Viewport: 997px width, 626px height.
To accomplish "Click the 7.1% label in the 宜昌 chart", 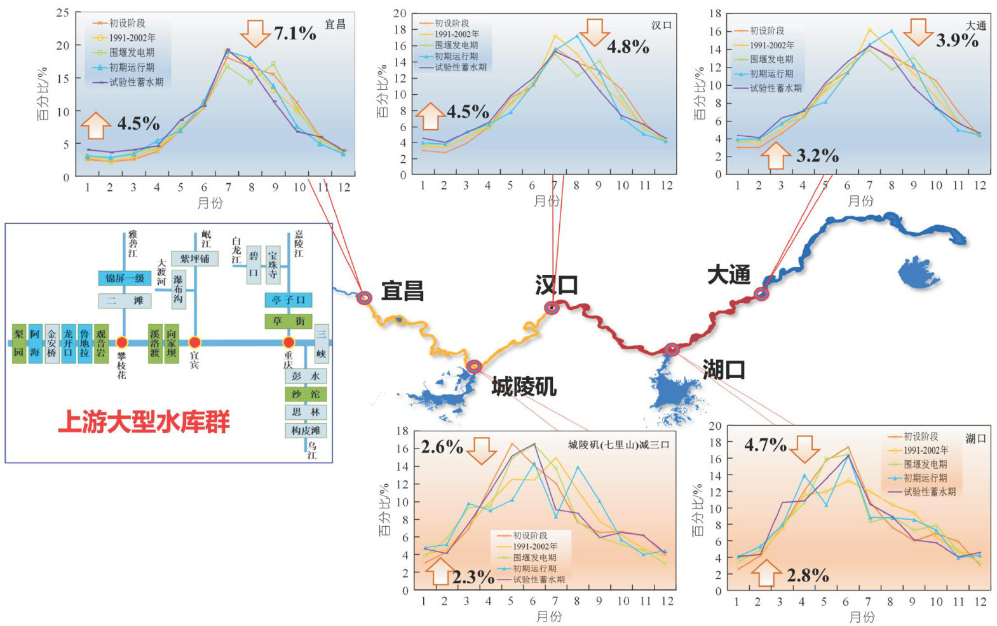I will point(295,33).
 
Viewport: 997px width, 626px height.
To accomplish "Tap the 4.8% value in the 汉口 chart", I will point(628,46).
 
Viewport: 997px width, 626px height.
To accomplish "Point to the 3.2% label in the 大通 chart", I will point(817,156).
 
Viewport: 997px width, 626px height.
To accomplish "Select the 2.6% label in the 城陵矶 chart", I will point(442,447).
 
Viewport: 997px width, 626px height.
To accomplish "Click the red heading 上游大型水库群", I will point(144,422).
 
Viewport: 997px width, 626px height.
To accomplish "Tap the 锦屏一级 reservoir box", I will point(125,278).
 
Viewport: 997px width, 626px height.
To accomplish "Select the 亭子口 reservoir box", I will point(288,300).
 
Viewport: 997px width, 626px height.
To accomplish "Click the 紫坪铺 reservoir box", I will point(194,259).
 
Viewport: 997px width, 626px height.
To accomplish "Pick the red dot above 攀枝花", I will point(122,343).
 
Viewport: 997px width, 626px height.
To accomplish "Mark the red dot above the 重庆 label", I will point(288,343).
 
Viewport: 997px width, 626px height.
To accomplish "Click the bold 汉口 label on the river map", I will point(557,284).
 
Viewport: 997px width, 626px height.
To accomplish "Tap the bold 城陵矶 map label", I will point(524,386).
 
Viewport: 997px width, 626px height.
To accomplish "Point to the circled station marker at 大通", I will point(761,293).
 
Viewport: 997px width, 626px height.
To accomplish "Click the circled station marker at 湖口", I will point(672,349).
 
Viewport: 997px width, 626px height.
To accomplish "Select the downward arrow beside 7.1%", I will point(255,33).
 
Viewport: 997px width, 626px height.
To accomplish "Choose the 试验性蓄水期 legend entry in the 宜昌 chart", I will point(136,82).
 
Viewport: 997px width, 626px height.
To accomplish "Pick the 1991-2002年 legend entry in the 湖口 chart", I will point(926,450).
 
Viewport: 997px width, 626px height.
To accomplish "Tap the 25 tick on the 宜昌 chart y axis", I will point(63,13).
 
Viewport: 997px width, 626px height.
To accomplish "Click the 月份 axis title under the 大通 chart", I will point(861,201).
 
